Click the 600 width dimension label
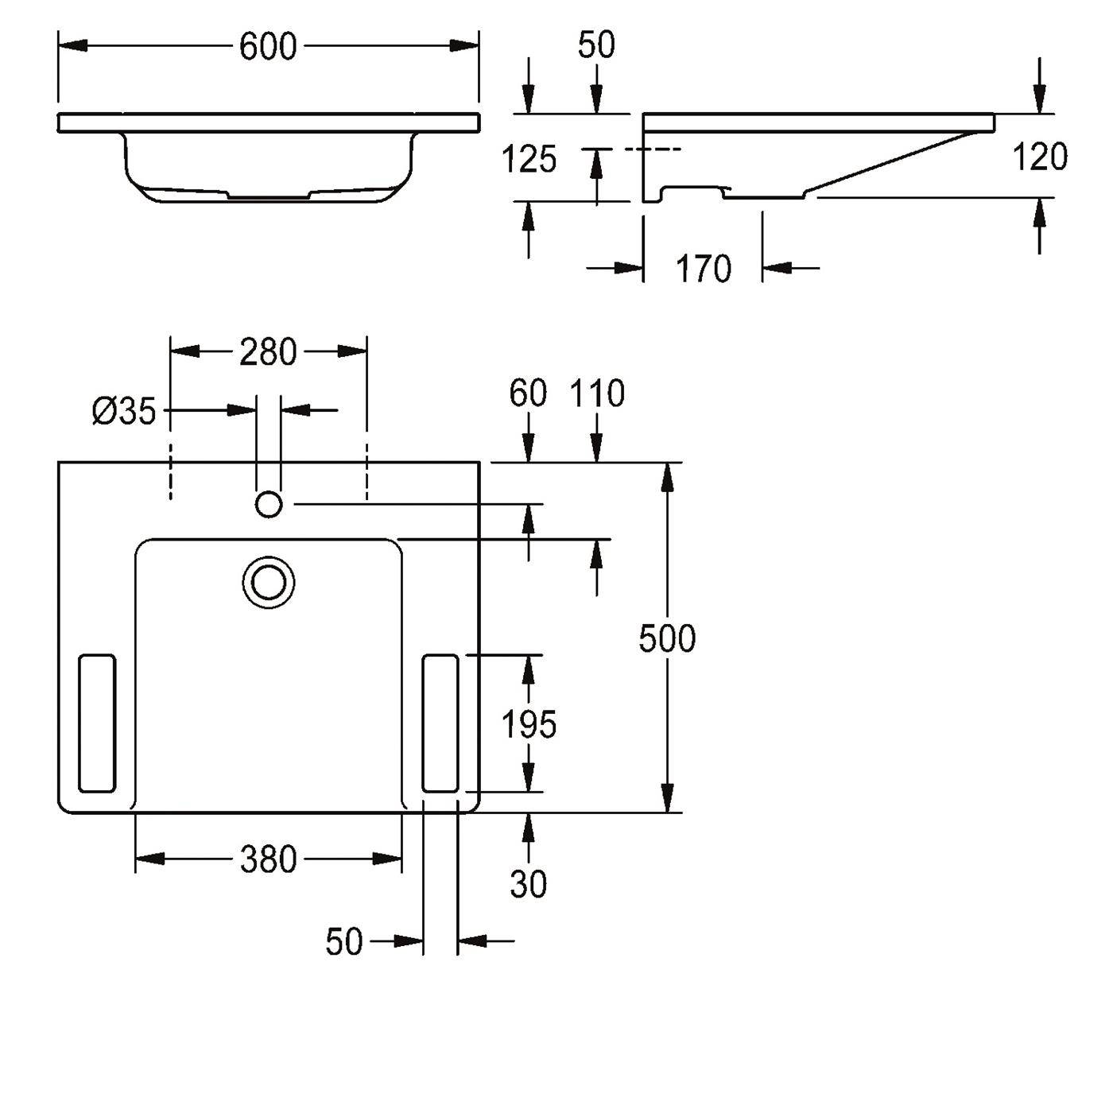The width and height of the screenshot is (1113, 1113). point(267,47)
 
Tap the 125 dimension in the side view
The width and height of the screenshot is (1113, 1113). point(529,159)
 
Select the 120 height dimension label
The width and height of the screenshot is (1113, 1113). point(1040,157)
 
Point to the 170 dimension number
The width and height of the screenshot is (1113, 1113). point(703,269)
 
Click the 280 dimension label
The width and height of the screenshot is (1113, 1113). point(268,352)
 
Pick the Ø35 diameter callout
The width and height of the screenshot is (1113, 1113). point(124,412)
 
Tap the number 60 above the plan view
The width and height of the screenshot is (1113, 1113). point(528,394)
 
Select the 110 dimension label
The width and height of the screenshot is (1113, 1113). point(597,394)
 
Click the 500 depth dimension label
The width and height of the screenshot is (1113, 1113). point(667,639)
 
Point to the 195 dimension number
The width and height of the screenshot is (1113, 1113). point(529,724)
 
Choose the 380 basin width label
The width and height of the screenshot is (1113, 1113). point(268,859)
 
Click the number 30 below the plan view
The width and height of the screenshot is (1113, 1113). point(528,884)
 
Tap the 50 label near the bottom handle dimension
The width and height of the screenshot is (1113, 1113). point(344,941)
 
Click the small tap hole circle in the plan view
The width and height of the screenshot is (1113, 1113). point(269,504)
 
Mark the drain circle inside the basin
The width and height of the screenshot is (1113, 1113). point(269,582)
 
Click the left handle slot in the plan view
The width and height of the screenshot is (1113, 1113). point(97,723)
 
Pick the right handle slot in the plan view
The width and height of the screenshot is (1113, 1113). point(440,723)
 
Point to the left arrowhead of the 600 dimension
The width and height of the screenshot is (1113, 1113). point(73,47)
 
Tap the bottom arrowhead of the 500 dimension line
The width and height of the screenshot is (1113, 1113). point(667,797)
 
